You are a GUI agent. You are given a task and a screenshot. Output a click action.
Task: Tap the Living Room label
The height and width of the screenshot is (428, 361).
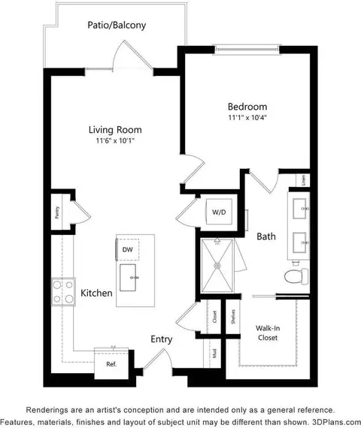114,130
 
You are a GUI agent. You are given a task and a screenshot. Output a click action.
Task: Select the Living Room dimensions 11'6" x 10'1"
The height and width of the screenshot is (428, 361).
114,141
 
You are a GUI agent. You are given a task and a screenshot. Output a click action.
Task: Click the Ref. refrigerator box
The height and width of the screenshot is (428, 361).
111,363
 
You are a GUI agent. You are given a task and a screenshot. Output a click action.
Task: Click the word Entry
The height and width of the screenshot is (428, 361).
160,339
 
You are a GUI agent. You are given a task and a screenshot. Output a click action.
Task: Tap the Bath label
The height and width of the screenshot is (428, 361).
266,236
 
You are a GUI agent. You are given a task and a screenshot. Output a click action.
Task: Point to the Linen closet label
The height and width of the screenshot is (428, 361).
303,181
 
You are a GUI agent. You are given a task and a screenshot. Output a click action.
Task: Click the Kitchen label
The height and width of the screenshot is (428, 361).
96,294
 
